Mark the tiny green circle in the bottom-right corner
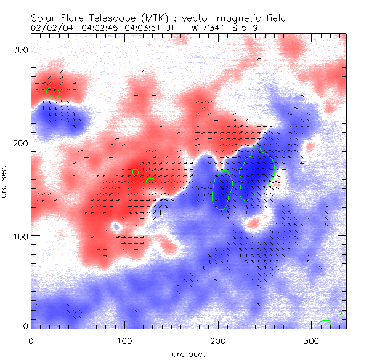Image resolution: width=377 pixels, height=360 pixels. pyautogui.click(x=340, y=313)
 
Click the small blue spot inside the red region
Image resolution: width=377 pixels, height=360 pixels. pyautogui.click(x=116, y=226)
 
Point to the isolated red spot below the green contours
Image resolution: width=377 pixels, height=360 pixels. pyautogui.click(x=253, y=222)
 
